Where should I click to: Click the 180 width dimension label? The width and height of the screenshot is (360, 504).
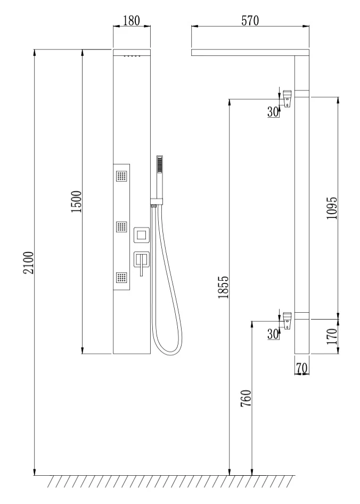(132, 21)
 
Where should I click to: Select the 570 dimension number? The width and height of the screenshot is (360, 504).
(250, 21)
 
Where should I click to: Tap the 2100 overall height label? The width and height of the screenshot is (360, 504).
(29, 262)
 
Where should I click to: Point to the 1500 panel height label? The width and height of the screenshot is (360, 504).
(77, 201)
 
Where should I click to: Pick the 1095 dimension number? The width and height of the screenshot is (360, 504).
(332, 208)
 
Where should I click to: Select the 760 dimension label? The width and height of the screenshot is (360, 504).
(246, 398)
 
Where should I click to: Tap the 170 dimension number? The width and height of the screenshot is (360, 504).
(332, 336)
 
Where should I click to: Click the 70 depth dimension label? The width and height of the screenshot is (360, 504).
(302, 368)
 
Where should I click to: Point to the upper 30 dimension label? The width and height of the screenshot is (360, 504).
(273, 111)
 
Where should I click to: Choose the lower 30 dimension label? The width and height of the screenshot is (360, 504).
(273, 334)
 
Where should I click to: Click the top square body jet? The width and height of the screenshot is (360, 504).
(122, 176)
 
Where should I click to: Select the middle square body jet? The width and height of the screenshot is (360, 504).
(122, 226)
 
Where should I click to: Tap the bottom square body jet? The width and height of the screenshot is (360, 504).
(122, 278)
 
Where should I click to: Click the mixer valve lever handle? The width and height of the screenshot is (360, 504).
(141, 265)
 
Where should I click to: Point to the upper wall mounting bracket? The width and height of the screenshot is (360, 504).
(287, 99)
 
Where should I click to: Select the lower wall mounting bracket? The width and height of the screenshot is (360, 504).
(287, 321)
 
